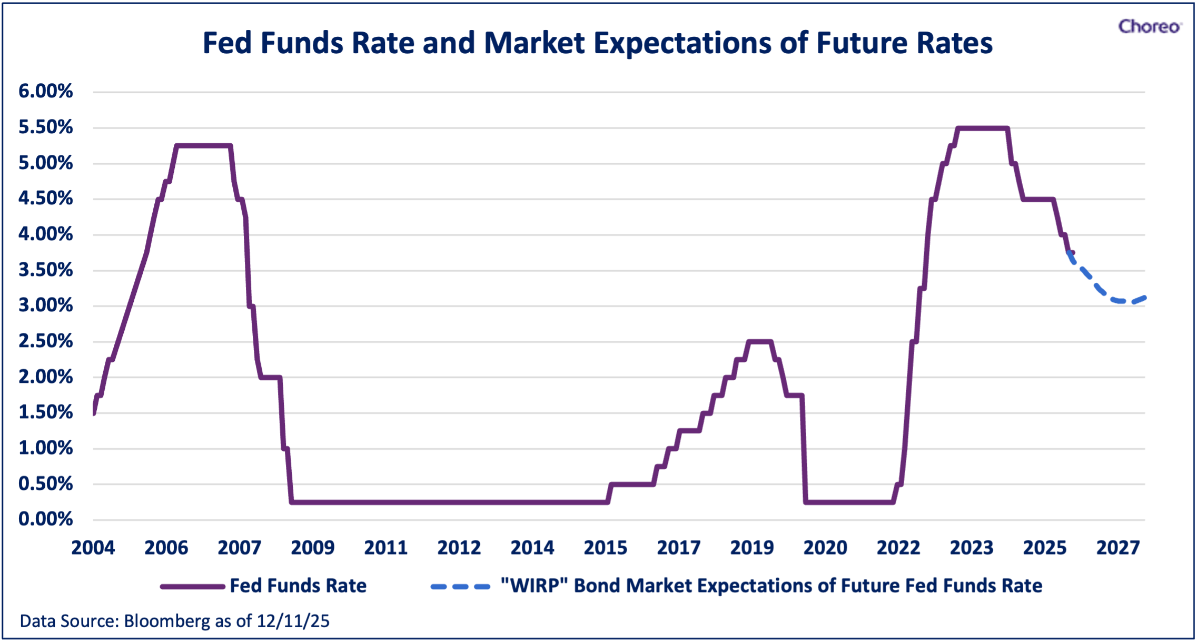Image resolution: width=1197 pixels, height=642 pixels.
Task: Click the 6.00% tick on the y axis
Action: click(46, 91)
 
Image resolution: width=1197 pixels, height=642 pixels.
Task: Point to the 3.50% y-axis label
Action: click(46, 270)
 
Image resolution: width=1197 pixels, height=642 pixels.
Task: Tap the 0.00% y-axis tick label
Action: click(46, 519)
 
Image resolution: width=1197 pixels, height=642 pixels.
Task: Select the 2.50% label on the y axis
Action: click(46, 341)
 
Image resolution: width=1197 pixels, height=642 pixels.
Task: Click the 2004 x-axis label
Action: click(93, 548)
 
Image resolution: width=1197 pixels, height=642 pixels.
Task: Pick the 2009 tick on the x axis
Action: click(313, 548)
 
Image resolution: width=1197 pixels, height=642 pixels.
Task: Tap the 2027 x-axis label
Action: click(1118, 548)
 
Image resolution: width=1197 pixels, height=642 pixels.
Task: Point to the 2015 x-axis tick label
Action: click(606, 548)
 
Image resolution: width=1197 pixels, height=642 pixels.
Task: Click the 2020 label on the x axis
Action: click(825, 548)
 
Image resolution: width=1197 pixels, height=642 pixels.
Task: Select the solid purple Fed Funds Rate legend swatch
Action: click(193, 586)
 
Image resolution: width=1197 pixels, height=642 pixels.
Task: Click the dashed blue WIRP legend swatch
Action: click(461, 586)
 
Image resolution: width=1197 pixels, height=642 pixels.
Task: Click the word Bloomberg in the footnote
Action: click(167, 621)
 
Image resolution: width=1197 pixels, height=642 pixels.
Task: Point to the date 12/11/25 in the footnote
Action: click(293, 621)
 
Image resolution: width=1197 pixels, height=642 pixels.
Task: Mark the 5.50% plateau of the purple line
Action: click(983, 128)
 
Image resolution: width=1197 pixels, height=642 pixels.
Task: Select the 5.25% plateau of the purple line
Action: click(203, 146)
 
